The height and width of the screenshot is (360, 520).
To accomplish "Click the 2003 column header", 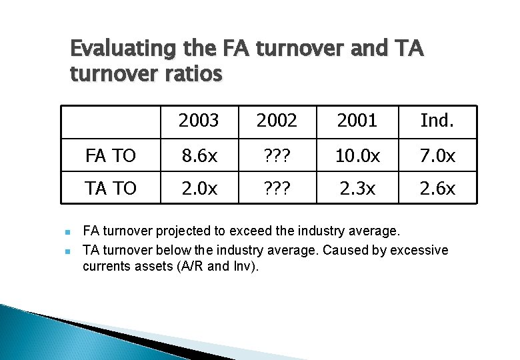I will click(199, 121).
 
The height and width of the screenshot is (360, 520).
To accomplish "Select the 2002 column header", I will click(277, 121).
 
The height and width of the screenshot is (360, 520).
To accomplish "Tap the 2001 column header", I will click(357, 121).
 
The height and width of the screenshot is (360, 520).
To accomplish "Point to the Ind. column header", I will click(437, 121).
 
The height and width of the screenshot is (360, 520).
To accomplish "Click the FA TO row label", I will click(111, 156).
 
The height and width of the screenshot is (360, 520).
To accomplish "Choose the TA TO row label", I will click(111, 189).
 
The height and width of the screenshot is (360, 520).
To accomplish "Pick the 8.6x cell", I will click(199, 156).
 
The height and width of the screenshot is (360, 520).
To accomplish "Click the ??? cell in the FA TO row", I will click(277, 156).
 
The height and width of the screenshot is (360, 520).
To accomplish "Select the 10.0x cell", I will click(357, 156).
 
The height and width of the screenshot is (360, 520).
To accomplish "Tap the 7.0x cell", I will click(437, 156).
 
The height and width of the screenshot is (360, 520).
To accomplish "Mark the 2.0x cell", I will click(199, 189).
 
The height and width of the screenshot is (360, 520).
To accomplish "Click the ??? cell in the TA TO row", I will click(277, 189).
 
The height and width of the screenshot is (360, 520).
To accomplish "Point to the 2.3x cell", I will click(357, 189).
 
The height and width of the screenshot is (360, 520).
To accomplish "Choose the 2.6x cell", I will click(437, 189).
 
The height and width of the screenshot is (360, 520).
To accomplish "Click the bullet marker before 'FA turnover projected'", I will click(69, 232).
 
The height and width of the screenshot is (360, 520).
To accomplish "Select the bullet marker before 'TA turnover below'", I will click(69, 251).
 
